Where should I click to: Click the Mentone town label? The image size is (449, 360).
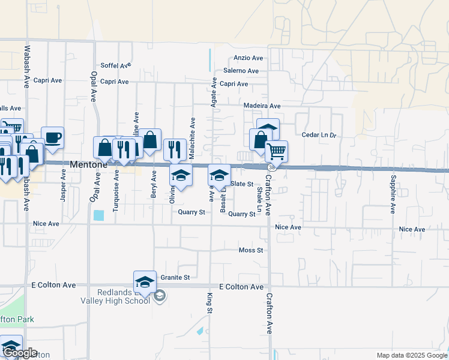click(x=89, y=164)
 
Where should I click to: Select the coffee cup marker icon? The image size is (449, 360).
click(x=52, y=137)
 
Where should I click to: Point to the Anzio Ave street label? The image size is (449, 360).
click(x=249, y=58)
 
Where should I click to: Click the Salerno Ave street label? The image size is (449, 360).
click(x=241, y=71)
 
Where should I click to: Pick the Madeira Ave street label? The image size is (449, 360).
click(x=262, y=106)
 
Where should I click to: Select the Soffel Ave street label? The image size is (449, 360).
click(x=116, y=65)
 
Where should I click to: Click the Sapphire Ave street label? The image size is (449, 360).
click(x=393, y=194)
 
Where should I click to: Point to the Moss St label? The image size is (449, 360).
click(x=251, y=250)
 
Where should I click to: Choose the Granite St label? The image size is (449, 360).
click(x=175, y=277)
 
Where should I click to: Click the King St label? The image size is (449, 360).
click(x=210, y=303)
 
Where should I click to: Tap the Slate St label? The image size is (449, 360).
click(x=242, y=184)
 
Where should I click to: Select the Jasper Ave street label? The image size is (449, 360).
click(x=63, y=184)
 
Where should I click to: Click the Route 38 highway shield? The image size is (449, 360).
click(x=273, y=167)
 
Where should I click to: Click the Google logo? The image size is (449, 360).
click(x=21, y=353)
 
